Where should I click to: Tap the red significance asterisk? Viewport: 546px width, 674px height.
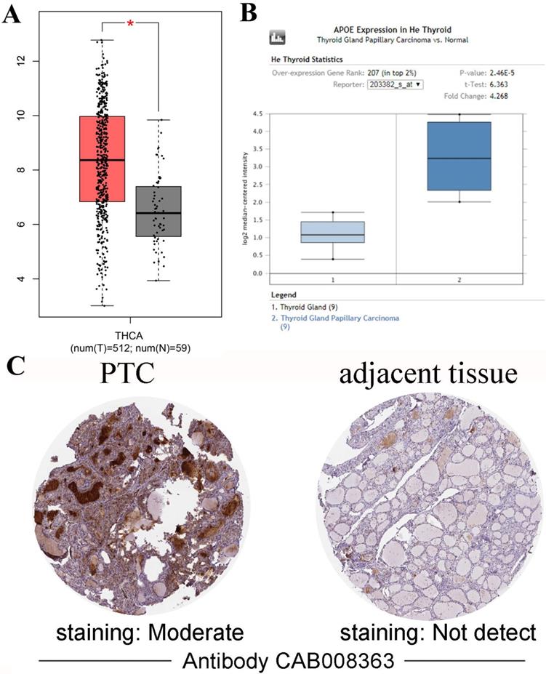(130, 25)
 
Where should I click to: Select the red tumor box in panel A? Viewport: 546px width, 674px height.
(102, 159)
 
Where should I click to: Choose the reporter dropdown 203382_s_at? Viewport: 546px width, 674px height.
(396, 84)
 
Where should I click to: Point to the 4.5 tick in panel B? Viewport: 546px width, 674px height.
(256, 113)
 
